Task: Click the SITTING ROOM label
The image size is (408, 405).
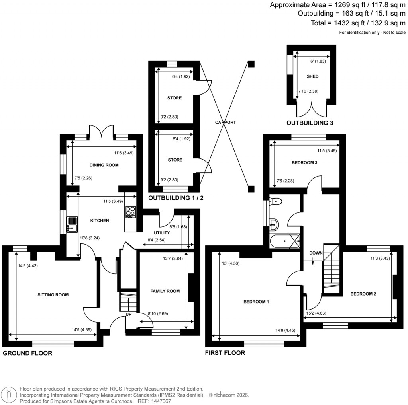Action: pos(53,295)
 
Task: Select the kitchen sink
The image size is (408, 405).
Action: pos(73,224)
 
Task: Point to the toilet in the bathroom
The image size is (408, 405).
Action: pos(276,202)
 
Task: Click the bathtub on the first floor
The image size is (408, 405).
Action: pos(285,240)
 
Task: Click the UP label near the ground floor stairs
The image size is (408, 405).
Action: pos(129,314)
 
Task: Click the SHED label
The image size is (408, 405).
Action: pos(312,76)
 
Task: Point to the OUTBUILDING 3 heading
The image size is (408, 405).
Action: pos(310,123)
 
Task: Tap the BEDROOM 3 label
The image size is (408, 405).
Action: pos(304,162)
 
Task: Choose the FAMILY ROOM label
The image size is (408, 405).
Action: pos(165,291)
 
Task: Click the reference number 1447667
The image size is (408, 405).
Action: pos(159,401)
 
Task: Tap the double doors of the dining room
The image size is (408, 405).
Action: pos(101,131)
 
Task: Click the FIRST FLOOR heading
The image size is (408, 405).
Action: pos(225,353)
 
